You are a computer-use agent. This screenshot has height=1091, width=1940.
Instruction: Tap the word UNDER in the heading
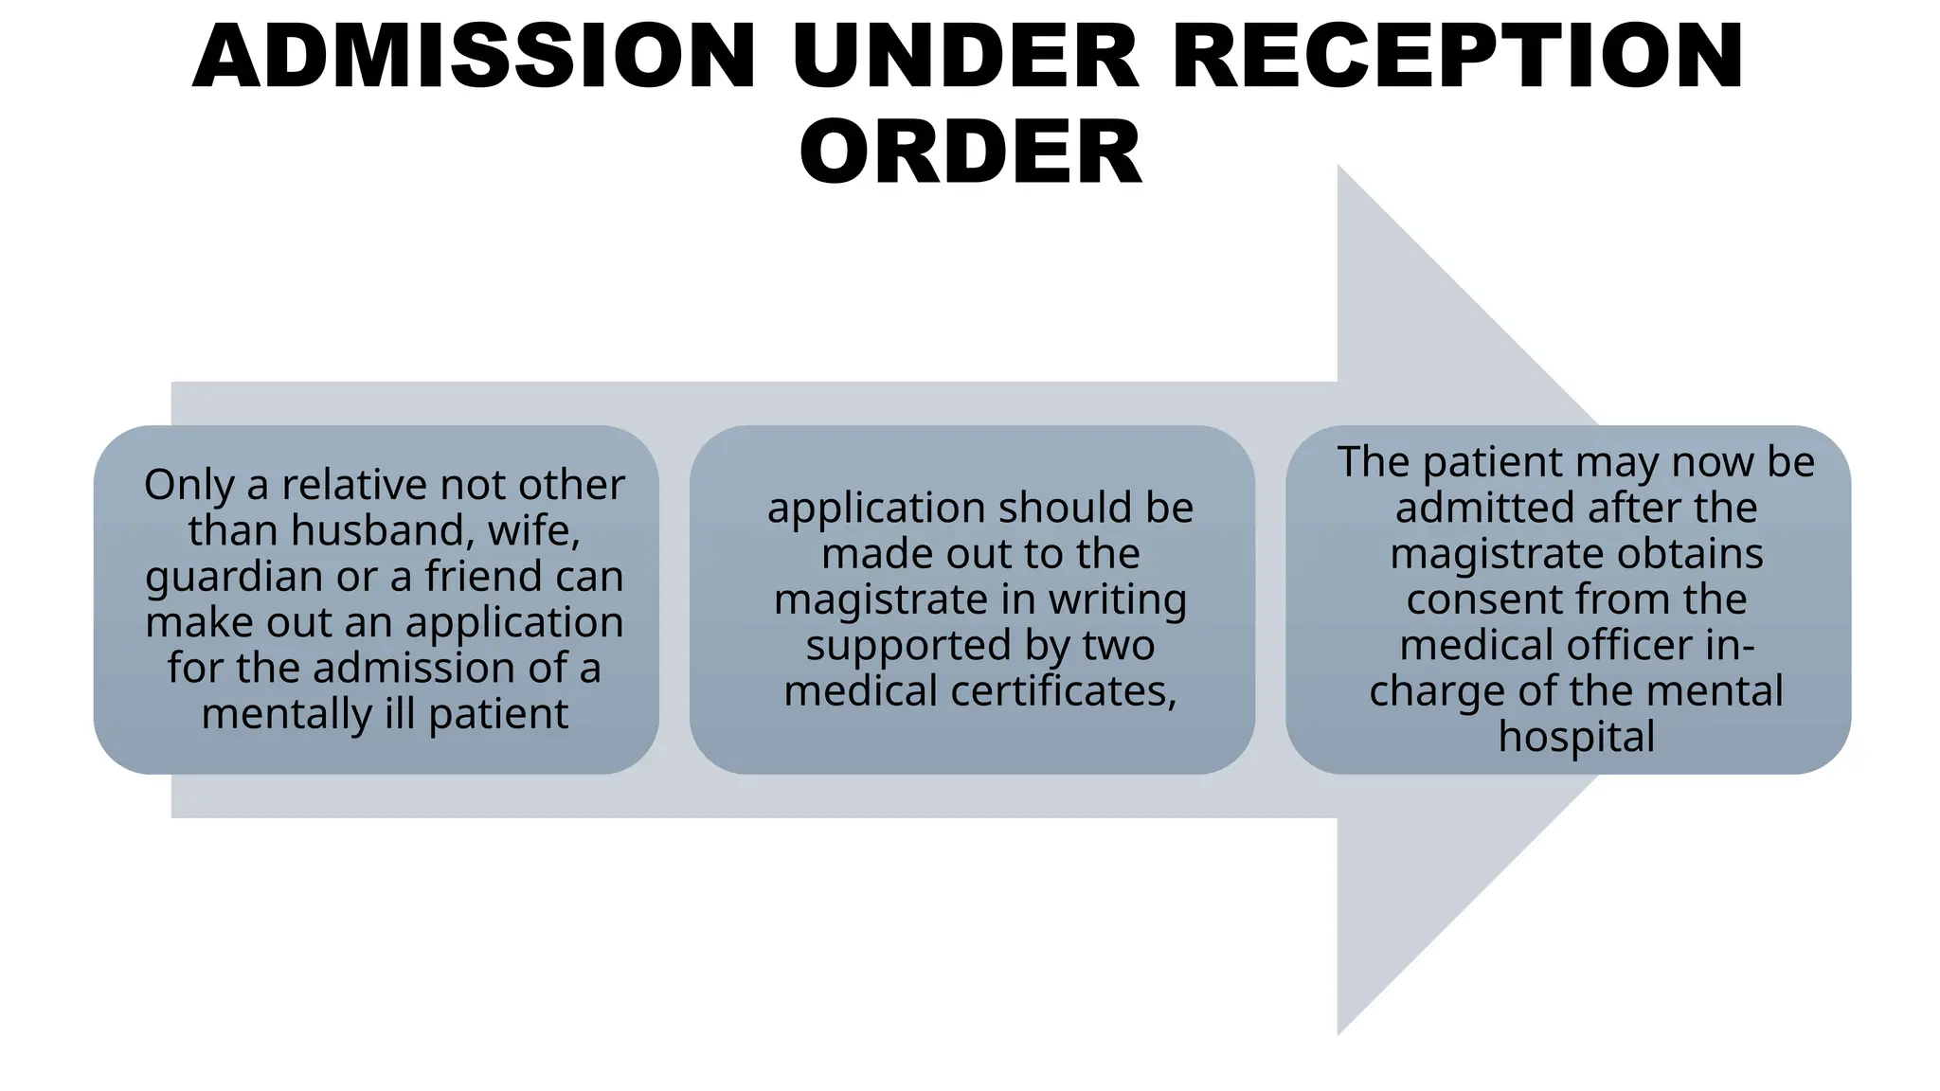[965, 56]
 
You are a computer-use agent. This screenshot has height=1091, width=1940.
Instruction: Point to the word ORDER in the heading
[971, 152]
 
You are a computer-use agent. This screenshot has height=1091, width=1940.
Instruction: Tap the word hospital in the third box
[1576, 737]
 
